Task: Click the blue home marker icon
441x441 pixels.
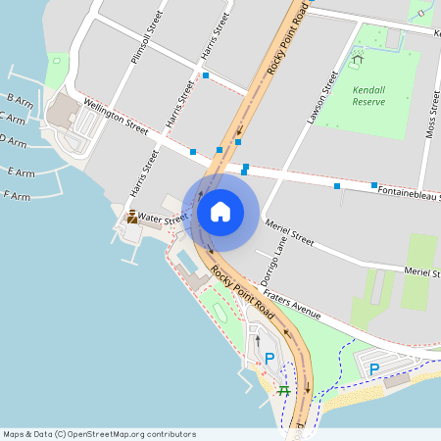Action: (x=220, y=211)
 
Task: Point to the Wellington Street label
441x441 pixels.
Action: (x=116, y=116)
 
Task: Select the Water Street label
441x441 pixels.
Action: (x=162, y=217)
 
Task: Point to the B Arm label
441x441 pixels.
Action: (x=20, y=99)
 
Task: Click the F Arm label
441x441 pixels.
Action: (x=18, y=196)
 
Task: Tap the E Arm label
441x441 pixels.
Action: (x=20, y=172)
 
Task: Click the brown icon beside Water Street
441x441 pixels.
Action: (x=132, y=217)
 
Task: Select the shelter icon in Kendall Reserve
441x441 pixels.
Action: (x=357, y=59)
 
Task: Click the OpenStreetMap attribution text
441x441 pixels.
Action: (x=98, y=434)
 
